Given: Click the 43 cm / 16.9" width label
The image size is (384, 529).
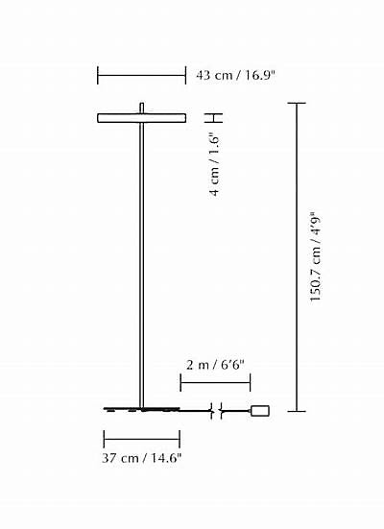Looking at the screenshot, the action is (235, 75).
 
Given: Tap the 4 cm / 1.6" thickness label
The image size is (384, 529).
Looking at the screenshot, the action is (215, 165).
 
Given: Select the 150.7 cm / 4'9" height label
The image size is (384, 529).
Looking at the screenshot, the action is (315, 256).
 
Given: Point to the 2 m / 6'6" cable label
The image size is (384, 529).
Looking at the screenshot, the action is (215, 365).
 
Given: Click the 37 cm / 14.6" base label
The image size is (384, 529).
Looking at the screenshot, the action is (142, 458).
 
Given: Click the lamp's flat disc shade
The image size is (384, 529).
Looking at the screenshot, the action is (142, 118).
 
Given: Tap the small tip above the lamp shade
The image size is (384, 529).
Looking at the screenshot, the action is (142, 108).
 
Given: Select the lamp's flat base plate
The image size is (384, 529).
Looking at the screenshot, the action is (142, 410).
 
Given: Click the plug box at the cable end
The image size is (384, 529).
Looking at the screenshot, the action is (260, 411).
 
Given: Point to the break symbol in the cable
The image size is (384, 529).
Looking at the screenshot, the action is (216, 411).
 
